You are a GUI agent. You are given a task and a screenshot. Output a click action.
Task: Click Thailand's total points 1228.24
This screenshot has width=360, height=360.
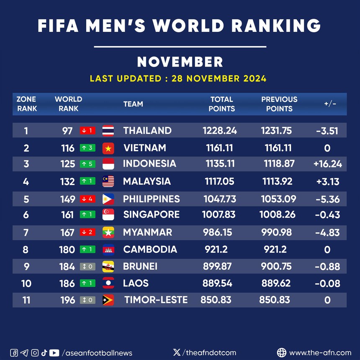[220, 131]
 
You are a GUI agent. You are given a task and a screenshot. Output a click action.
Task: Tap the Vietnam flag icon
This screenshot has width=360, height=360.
[108, 148]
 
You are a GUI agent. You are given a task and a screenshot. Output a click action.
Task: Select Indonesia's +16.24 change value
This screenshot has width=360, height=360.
[327, 164]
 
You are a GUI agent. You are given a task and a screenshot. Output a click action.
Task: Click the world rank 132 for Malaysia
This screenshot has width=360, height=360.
[67, 181]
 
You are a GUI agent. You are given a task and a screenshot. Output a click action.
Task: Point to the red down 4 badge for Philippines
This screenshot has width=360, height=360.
[88, 199]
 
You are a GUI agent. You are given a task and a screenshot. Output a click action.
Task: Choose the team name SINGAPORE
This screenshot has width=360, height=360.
[151, 215]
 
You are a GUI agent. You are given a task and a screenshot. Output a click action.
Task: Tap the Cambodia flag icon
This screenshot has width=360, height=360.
[108, 250]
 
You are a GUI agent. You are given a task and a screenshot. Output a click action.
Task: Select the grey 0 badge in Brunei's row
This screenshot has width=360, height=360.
[88, 267]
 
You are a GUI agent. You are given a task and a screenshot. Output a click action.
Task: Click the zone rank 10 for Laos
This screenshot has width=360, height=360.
[26, 283]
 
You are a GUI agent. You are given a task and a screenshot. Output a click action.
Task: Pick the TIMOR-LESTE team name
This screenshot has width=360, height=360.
[156, 300]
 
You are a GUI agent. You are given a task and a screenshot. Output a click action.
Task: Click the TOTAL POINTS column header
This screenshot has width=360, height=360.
[221, 104]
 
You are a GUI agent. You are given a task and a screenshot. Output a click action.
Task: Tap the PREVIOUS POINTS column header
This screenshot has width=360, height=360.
[279, 104]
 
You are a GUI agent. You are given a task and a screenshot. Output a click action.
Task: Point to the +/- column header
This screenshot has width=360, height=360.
[330, 104]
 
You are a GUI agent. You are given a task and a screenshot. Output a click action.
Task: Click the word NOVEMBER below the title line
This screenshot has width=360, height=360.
[180, 62]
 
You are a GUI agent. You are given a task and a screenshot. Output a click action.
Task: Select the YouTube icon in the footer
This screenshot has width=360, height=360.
[54, 353]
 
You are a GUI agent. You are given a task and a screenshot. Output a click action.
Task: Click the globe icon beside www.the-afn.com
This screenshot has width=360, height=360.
[282, 352]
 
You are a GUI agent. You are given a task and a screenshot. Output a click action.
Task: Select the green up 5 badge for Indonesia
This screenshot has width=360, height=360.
[88, 164]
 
